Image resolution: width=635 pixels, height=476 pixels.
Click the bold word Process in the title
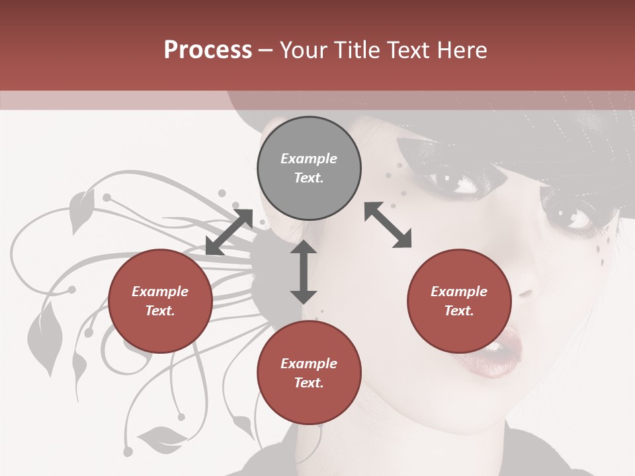[x=208, y=50]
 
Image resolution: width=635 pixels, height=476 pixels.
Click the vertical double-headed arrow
[x=304, y=272]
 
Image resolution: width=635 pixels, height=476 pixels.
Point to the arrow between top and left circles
[x=230, y=232]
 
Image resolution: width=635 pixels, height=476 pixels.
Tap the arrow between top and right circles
[x=388, y=225]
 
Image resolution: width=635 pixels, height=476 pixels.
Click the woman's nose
[x=529, y=284]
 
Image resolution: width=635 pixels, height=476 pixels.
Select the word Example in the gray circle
[x=309, y=159]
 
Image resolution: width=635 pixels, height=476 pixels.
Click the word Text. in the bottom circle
[x=309, y=383]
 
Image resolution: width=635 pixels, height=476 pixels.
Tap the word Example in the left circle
[x=160, y=292]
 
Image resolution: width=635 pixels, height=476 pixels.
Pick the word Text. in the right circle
[x=459, y=311]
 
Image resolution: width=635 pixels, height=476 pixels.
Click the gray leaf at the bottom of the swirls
[x=162, y=436]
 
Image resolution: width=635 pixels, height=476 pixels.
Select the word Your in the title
[x=304, y=50]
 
